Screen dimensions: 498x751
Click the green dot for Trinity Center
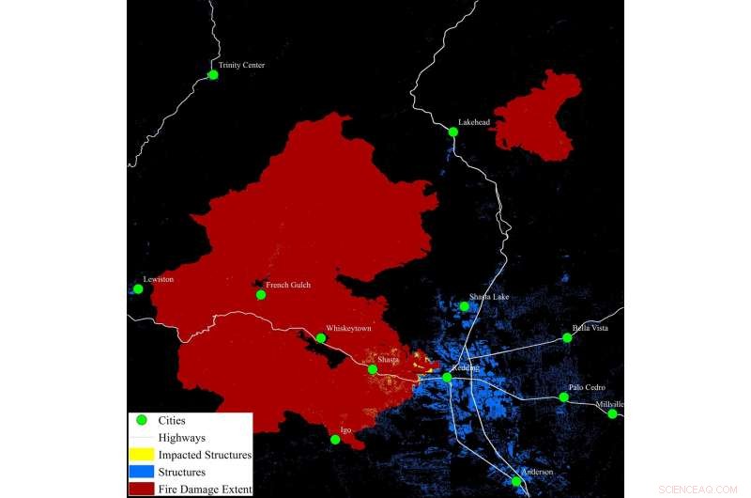213,74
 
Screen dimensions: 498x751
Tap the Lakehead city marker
453,132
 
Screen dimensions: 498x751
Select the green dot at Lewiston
138,288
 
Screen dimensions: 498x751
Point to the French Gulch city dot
261,294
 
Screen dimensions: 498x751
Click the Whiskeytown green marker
321,338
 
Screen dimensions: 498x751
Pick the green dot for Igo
335,439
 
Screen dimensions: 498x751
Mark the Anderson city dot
516,481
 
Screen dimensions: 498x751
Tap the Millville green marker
612,413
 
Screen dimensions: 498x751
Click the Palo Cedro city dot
563,397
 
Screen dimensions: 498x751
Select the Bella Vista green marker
566,337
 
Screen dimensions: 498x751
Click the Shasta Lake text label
489,297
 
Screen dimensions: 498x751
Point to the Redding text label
466,367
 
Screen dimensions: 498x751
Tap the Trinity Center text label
242,65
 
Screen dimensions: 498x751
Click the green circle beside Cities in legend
143,421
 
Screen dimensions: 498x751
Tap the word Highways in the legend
182,438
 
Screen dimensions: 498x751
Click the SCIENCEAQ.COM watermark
697,490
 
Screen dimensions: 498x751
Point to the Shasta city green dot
373,369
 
